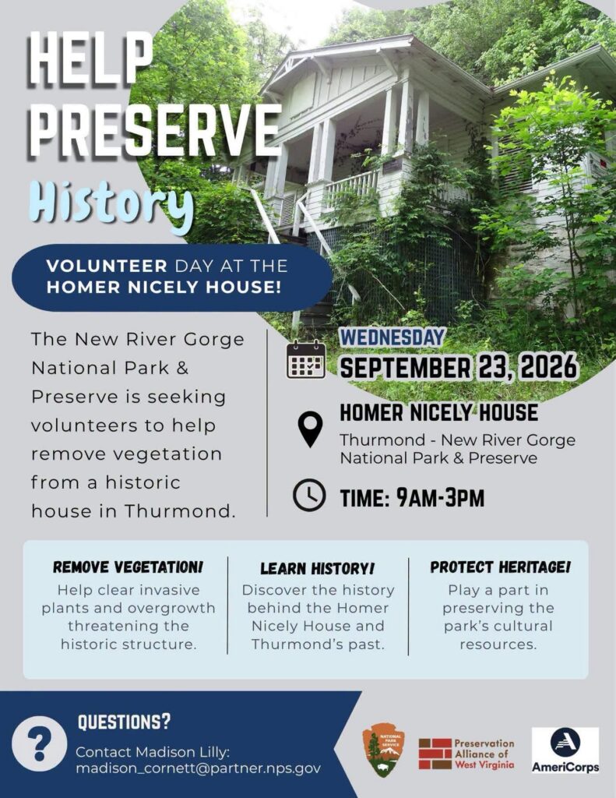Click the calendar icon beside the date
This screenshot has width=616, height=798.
coord(306,359)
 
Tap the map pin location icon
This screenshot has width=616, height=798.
coord(310,429)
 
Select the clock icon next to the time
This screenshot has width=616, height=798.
coord(309,495)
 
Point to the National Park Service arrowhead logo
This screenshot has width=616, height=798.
coord(384,750)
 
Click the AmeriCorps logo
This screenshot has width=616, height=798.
coord(565,750)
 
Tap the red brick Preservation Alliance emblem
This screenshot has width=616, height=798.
coord(435,754)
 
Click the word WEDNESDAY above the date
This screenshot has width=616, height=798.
coord(392,337)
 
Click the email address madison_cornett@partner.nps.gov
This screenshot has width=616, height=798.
coord(199,768)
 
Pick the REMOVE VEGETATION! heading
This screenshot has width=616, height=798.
coord(128,567)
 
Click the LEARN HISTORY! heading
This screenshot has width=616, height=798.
coord(318,568)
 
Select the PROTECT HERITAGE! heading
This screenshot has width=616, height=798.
coord(500,567)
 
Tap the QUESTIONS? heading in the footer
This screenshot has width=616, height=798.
coord(124,722)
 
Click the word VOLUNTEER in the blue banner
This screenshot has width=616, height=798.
coord(107,266)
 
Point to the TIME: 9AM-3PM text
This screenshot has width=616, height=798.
coord(412,498)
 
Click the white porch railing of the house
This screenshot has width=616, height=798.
coord(352,187)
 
